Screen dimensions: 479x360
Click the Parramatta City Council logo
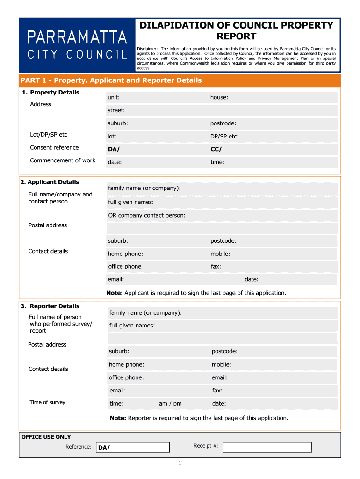77,45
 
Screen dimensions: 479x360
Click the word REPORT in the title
236,36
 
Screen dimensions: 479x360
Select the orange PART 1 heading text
111,80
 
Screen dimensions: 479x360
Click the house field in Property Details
273,98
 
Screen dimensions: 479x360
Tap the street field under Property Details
222,111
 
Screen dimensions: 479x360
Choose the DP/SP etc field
273,137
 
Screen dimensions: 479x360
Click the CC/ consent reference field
273,150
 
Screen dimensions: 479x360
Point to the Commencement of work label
63,160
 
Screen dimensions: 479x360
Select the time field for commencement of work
273,162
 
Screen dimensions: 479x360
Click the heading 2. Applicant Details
50,182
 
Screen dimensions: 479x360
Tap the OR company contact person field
222,216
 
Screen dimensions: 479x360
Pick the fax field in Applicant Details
273,267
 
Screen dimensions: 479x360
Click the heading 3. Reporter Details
50,306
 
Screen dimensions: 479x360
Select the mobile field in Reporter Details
274,365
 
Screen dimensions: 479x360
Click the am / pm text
170,404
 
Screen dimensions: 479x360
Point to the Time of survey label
48,402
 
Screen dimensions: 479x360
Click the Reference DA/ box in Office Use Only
132,448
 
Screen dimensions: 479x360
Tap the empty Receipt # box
267,447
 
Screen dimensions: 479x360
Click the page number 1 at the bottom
180,463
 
